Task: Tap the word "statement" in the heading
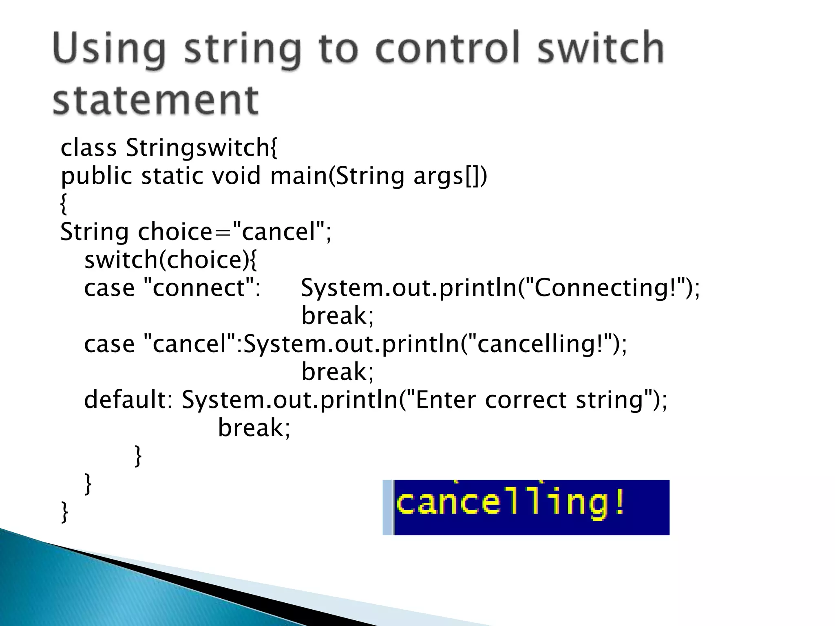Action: point(155,100)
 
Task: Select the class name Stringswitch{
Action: point(201,148)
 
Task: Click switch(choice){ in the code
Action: point(171,260)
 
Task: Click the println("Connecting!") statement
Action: point(500,288)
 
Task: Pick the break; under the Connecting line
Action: point(337,316)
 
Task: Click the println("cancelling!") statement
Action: point(435,344)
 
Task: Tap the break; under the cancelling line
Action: point(337,372)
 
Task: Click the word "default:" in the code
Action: point(128,399)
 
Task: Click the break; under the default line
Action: point(254,428)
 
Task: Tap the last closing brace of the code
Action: point(64,511)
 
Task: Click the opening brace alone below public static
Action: point(63,204)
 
